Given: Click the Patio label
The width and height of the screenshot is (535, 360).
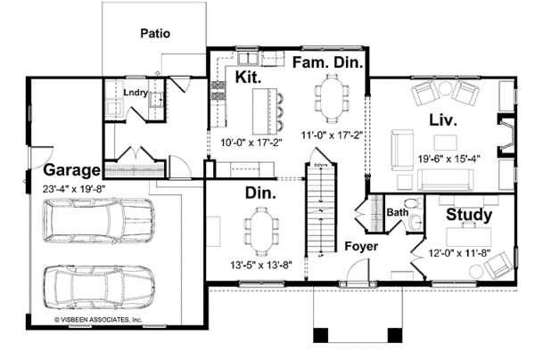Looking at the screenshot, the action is click(155, 33).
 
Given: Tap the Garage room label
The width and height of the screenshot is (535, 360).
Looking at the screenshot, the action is click(72, 170).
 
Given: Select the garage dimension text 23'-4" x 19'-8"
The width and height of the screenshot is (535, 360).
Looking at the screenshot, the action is click(74, 189).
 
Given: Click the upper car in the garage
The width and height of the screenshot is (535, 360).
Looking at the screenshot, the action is click(98, 221).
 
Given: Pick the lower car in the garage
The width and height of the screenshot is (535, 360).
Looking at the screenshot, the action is click(99, 287).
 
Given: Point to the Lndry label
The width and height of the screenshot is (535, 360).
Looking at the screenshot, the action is click(136, 93).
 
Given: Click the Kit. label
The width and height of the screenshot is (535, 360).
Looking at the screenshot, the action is click(248, 77).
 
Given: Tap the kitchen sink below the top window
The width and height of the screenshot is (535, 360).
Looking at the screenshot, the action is click(248, 58).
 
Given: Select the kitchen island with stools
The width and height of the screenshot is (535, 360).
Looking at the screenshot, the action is click(268, 111).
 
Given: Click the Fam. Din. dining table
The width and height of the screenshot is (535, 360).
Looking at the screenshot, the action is click(332, 99).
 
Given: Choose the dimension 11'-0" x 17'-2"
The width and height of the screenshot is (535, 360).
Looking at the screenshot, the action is click(332, 135).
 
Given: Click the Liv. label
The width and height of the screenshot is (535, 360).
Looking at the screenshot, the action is click(443, 120).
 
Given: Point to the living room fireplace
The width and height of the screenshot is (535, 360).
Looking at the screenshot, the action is click(506, 135).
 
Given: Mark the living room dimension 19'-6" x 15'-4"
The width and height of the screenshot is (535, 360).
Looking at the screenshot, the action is click(449, 159).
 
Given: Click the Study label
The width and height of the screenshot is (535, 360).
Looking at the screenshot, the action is click(469, 215).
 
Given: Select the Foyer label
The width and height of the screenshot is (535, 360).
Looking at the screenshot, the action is click(361, 247).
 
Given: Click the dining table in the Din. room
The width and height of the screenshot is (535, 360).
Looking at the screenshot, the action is click(261, 232).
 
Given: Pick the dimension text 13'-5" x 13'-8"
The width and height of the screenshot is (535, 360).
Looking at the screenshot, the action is click(261, 265).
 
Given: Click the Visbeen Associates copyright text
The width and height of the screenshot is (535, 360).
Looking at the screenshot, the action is click(98, 320).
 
